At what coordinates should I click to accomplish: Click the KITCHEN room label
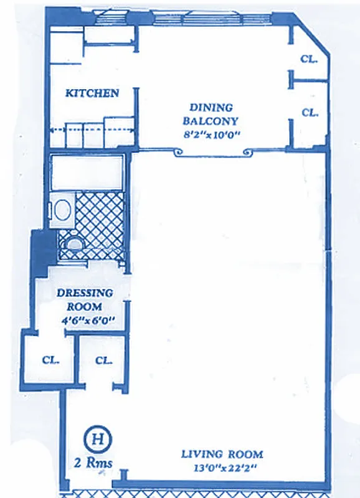point(92,93)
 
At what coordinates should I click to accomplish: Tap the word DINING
point(211,107)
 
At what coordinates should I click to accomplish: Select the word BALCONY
point(211,121)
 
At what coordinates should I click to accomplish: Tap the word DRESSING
point(85,293)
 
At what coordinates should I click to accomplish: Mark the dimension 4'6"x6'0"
point(87,321)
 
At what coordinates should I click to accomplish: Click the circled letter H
point(97,438)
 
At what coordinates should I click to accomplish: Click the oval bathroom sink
point(62,209)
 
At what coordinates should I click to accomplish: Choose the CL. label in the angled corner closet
point(309,60)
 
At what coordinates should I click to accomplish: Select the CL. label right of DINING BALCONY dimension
point(310,113)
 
